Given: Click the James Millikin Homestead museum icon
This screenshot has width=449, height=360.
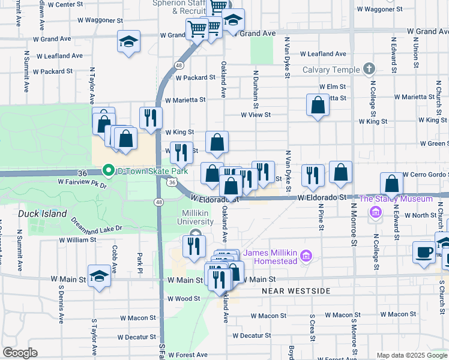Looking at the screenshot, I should point(306,257).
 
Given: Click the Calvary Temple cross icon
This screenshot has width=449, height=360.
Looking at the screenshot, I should point(369,70).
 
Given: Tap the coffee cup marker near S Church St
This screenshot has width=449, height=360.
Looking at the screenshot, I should point(424,251).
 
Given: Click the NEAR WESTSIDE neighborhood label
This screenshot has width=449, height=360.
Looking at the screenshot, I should point(296,291).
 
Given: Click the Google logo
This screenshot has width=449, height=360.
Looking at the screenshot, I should point(20,353).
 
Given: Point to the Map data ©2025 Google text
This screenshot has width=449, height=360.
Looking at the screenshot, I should point(411,355).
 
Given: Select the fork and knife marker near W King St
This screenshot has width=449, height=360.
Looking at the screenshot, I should point(151,117).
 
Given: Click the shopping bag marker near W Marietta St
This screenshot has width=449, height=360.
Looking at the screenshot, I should point(318,105).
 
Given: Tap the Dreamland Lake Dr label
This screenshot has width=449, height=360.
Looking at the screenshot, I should point(97,224).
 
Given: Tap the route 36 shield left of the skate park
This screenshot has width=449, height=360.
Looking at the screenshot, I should point(83,173).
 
